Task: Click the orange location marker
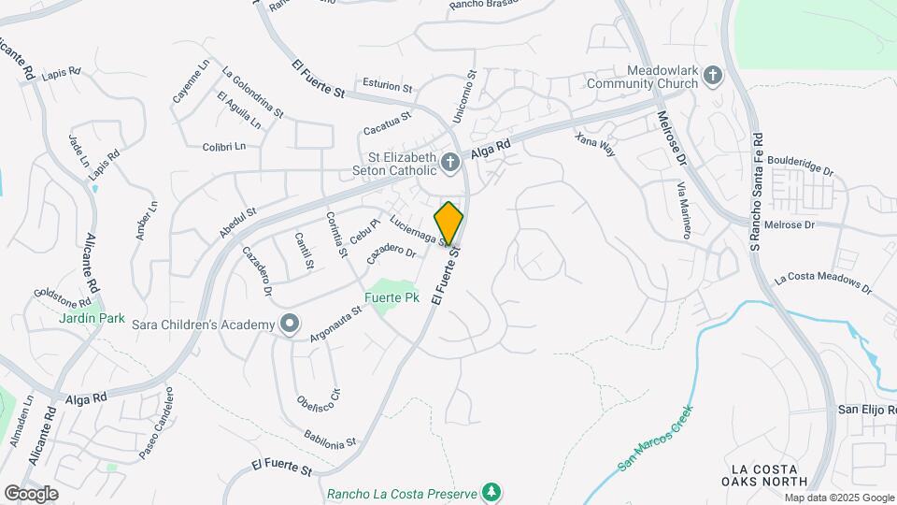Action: pyautogui.click(x=448, y=223)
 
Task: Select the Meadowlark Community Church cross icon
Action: pyautogui.click(x=713, y=77)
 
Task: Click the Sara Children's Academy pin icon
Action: pyautogui.click(x=290, y=325)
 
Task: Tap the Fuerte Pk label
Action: pyautogui.click(x=391, y=298)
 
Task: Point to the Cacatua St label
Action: pyautogui.click(x=388, y=119)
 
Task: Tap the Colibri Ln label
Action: pyautogui.click(x=223, y=146)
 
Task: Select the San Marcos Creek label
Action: pyautogui.click(x=657, y=437)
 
